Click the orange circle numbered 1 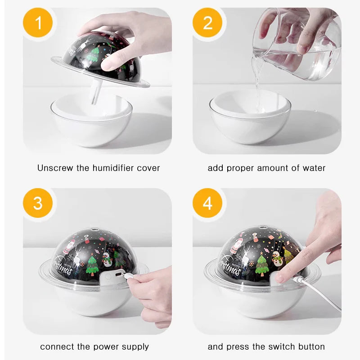click(38, 22)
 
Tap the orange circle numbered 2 click(207, 22)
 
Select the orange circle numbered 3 click(38, 203)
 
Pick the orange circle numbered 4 click(207, 203)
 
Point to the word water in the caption click(314, 168)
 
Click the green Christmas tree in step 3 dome click(92, 265)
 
